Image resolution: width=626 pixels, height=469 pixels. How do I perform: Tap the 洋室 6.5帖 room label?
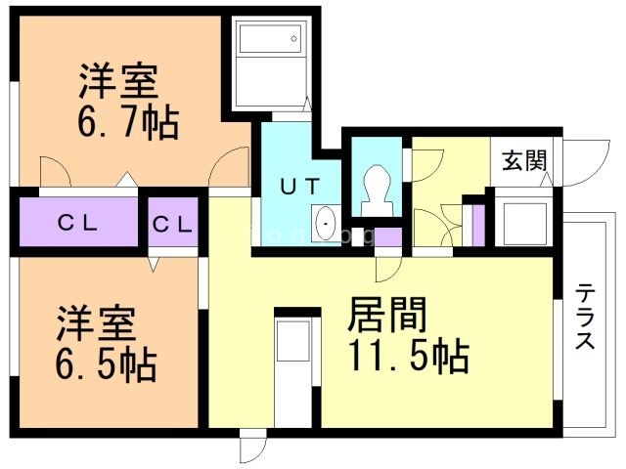[105, 343]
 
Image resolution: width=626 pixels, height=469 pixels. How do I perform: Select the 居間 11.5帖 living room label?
[403, 335]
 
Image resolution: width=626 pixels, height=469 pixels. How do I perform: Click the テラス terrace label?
[585, 316]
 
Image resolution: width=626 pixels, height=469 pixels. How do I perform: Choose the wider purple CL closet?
[75, 223]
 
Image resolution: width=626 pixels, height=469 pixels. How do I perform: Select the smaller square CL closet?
[172, 223]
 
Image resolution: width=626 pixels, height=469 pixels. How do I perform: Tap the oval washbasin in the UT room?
[327, 224]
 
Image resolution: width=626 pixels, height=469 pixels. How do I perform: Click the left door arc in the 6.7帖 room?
[54, 171]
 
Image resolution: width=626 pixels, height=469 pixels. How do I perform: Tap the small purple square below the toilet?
[388, 236]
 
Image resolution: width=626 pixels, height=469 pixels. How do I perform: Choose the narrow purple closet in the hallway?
[478, 224]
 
